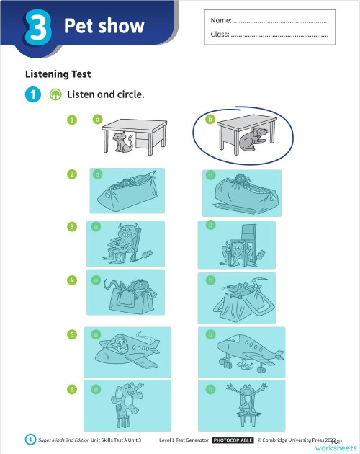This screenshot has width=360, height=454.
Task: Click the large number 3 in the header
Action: [x=36, y=27]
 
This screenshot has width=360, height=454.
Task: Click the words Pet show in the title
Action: [x=104, y=27]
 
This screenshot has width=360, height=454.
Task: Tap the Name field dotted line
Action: [x=281, y=20]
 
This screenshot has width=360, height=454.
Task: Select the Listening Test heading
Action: [x=58, y=74]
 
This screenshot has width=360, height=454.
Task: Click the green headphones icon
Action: [x=55, y=94]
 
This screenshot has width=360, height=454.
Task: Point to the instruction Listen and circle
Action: [x=106, y=94]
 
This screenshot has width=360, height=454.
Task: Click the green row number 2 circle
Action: [x=72, y=174]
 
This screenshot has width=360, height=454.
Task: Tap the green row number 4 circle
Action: [x=72, y=280]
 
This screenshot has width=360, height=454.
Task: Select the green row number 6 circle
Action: [x=72, y=389]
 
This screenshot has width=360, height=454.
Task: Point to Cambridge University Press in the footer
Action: [x=295, y=439]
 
